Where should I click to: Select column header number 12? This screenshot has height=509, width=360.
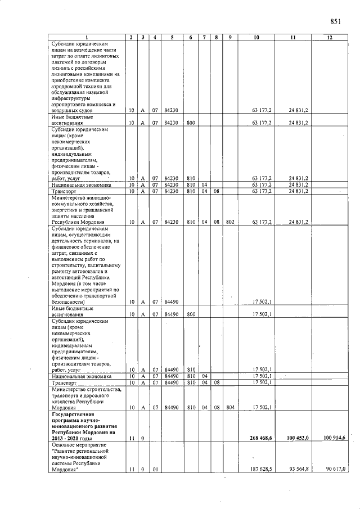pyautogui.click(x=330, y=38)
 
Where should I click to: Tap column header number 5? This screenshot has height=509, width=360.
pyautogui.click(x=171, y=38)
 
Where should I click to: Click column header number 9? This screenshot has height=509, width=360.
pyautogui.click(x=230, y=38)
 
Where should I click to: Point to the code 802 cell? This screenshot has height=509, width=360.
pyautogui.click(x=230, y=222)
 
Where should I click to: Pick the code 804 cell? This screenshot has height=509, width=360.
pyautogui.click(x=230, y=407)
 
